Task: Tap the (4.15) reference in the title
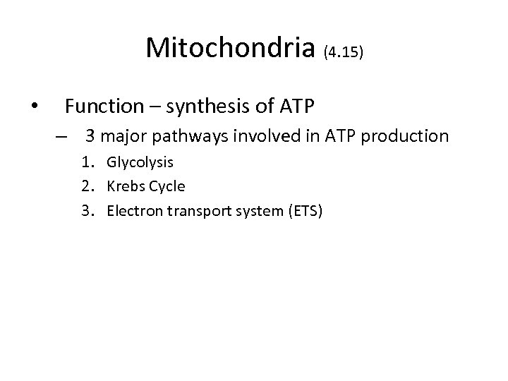point(344,52)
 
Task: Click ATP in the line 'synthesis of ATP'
point(296,107)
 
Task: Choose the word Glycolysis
point(140,163)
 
